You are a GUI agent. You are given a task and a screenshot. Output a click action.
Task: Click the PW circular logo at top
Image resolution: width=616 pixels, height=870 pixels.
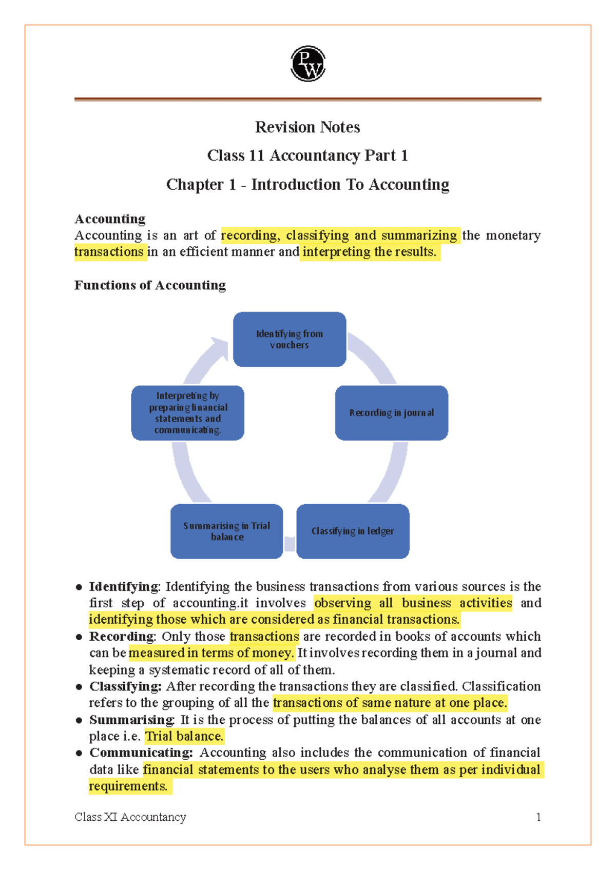click(308, 64)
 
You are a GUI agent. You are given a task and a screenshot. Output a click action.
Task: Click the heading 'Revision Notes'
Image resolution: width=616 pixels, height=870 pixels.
click(307, 127)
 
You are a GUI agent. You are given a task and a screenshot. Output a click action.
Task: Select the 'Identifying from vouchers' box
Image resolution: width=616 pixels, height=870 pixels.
click(290, 339)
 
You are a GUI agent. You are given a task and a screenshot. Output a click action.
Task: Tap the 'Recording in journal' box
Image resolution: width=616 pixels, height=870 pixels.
click(391, 413)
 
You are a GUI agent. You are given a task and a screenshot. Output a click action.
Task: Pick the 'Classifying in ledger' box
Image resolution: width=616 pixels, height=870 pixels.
click(353, 531)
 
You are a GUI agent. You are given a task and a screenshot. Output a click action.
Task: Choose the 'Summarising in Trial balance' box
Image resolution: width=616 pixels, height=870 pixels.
click(226, 531)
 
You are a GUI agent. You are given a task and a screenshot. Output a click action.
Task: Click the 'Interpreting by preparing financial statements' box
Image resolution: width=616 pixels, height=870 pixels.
click(187, 413)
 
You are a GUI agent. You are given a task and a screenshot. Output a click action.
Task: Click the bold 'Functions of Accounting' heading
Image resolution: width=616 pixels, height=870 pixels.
click(150, 285)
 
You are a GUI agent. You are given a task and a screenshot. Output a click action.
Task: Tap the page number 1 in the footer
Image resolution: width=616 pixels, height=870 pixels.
click(538, 817)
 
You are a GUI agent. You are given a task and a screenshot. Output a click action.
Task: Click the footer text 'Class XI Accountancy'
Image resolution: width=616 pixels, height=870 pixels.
click(130, 817)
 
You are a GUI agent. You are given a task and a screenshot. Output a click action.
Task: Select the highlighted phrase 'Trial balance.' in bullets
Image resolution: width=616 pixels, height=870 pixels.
click(184, 736)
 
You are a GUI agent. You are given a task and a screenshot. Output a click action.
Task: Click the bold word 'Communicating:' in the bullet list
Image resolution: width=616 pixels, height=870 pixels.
click(141, 753)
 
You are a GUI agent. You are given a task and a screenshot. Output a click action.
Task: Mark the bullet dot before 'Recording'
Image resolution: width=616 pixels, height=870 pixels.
click(79, 637)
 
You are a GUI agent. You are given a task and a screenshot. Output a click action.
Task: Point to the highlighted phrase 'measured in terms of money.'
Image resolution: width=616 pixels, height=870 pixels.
click(211, 653)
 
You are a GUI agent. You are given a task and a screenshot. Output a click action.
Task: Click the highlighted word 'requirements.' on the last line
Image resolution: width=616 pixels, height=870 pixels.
click(128, 786)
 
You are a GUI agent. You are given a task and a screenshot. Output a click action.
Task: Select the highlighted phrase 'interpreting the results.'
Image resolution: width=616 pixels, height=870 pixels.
click(369, 252)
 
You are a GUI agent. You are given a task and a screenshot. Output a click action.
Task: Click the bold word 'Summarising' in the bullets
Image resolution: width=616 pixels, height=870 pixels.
click(131, 720)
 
